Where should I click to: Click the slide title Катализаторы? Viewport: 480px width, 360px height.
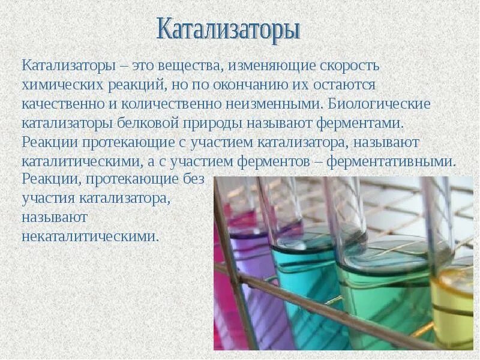click(x=228, y=29)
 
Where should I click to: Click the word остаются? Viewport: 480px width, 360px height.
click(x=344, y=85)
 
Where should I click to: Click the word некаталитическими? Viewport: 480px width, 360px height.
click(x=90, y=236)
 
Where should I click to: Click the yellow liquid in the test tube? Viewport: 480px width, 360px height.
click(x=455, y=300)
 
